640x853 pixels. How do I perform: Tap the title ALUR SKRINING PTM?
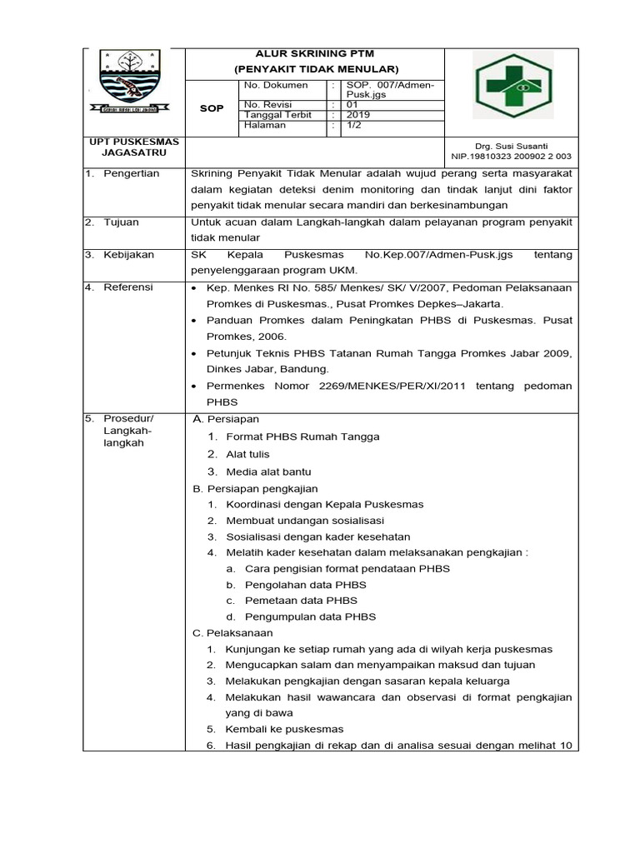(x=316, y=53)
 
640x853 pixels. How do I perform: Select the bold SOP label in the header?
(x=212, y=108)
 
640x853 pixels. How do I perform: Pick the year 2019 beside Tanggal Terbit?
(x=359, y=115)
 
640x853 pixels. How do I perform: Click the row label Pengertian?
(x=131, y=173)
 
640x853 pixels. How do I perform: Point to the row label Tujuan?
(x=121, y=222)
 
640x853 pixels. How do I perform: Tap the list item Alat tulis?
(x=247, y=454)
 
